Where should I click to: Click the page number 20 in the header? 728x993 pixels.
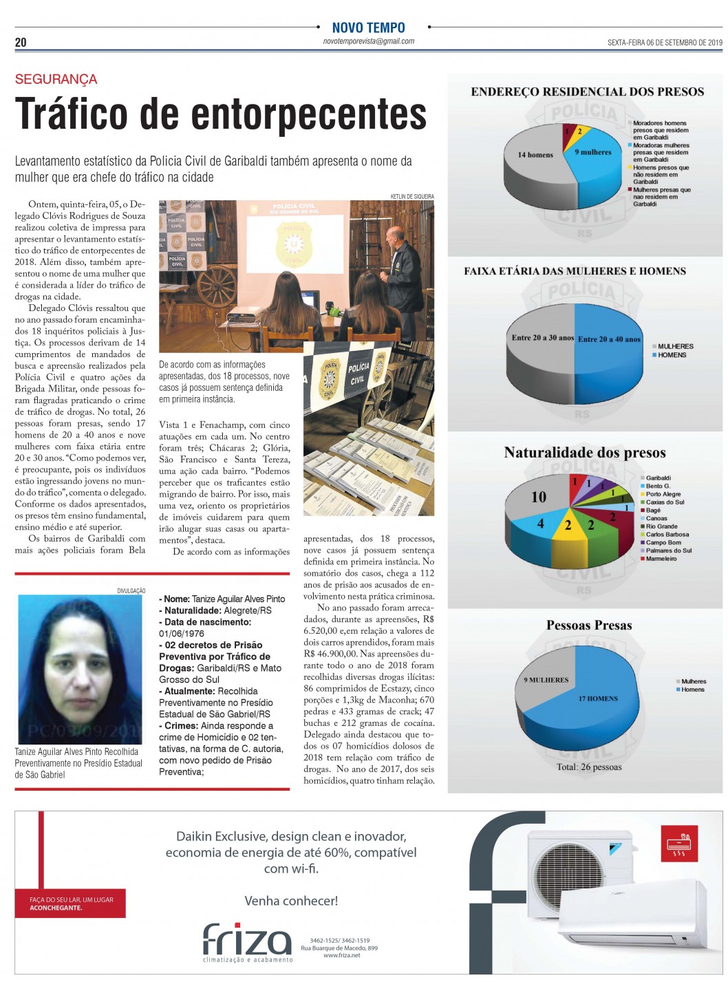click(21, 43)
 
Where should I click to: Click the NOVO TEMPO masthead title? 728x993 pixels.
click(369, 28)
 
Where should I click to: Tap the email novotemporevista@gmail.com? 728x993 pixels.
click(369, 41)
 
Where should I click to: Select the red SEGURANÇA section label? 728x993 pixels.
click(56, 79)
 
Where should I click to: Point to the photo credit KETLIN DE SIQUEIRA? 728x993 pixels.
click(412, 197)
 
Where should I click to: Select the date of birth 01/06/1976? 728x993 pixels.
click(182, 634)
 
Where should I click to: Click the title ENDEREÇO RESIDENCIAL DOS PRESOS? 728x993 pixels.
click(587, 92)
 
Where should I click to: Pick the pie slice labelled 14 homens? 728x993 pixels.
click(535, 155)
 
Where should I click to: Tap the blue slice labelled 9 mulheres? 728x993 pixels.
click(592, 152)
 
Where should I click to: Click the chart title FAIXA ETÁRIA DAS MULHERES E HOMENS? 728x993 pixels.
click(575, 271)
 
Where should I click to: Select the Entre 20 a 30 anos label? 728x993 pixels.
click(542, 338)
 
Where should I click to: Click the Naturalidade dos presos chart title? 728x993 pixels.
click(585, 453)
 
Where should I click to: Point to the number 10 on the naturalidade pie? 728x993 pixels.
click(539, 497)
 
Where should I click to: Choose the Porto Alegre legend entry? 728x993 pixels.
click(663, 494)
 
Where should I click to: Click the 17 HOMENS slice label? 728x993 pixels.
click(597, 698)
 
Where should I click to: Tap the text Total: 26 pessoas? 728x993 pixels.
click(588, 767)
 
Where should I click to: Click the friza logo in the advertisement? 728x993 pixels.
click(247, 940)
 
